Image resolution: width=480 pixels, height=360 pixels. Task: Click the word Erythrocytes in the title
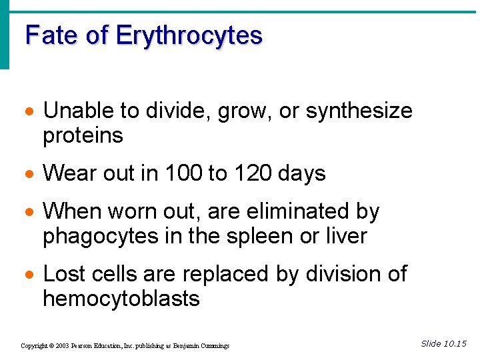pyautogui.click(x=189, y=35)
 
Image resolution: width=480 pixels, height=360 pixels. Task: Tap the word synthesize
pyautogui.click(x=359, y=111)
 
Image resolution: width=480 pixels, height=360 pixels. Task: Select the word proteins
pyautogui.click(x=83, y=136)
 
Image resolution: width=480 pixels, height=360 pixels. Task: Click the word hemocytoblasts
pyautogui.click(x=121, y=299)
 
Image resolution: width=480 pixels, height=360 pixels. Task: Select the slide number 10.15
pyautogui.click(x=455, y=344)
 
